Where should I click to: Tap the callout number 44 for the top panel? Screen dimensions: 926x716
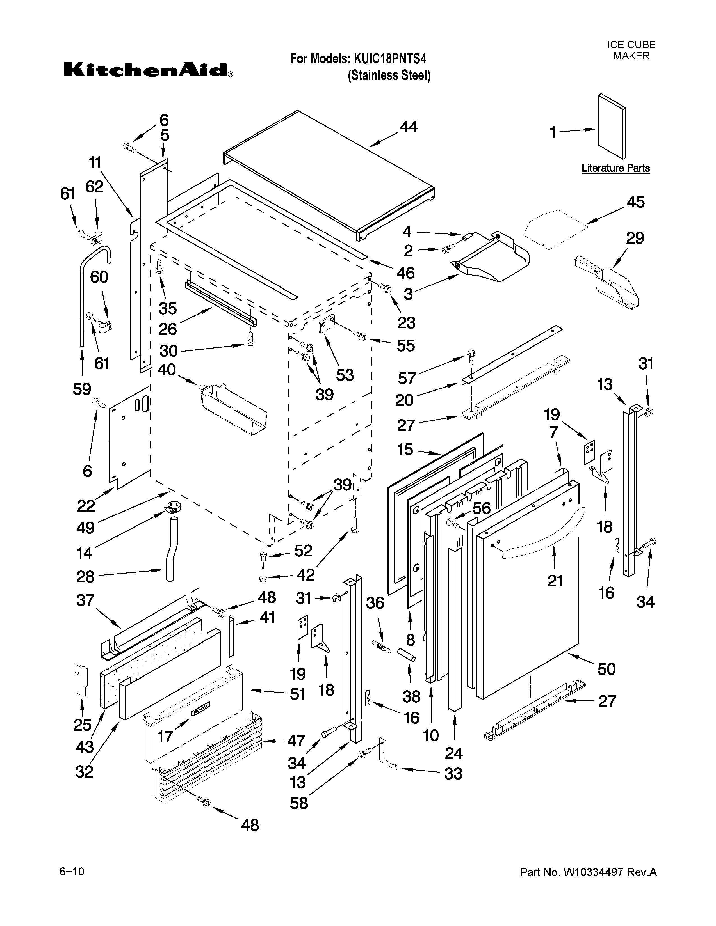[x=408, y=127]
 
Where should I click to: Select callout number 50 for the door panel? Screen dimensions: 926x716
[x=606, y=669]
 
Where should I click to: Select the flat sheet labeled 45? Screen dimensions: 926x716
[x=556, y=228]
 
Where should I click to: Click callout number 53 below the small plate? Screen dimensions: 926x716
[x=345, y=375]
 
